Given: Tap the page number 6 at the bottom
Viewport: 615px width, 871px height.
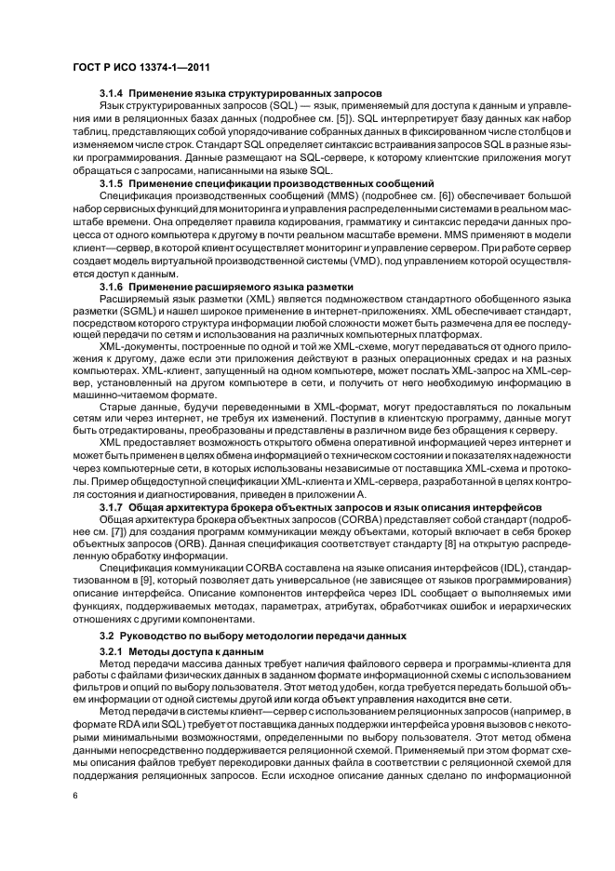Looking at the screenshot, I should [74, 797].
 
